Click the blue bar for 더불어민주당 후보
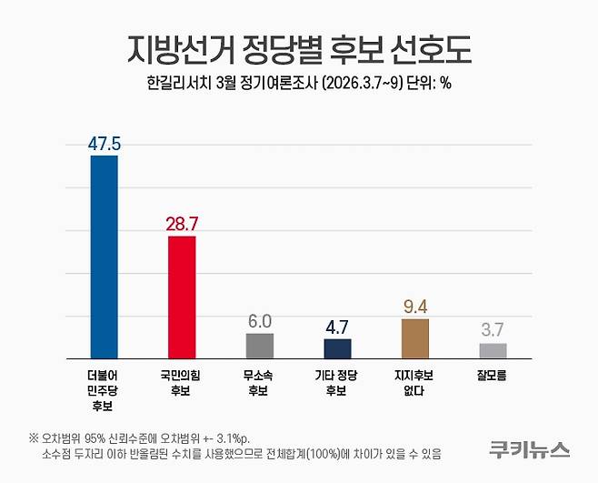pos(104,257)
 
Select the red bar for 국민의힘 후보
pos(182,297)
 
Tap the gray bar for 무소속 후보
pos(260,346)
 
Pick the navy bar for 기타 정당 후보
pos(337,348)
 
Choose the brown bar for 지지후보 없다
pos(415,338)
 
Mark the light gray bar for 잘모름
pos(493,350)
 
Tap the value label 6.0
pos(260,321)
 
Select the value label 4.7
pos(337,327)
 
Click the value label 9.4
pos(415,307)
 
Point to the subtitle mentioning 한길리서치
pos(299,85)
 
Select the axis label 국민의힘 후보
pos(182,382)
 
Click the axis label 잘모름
pos(493,374)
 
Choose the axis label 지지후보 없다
pos(415,382)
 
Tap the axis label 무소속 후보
pos(260,382)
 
